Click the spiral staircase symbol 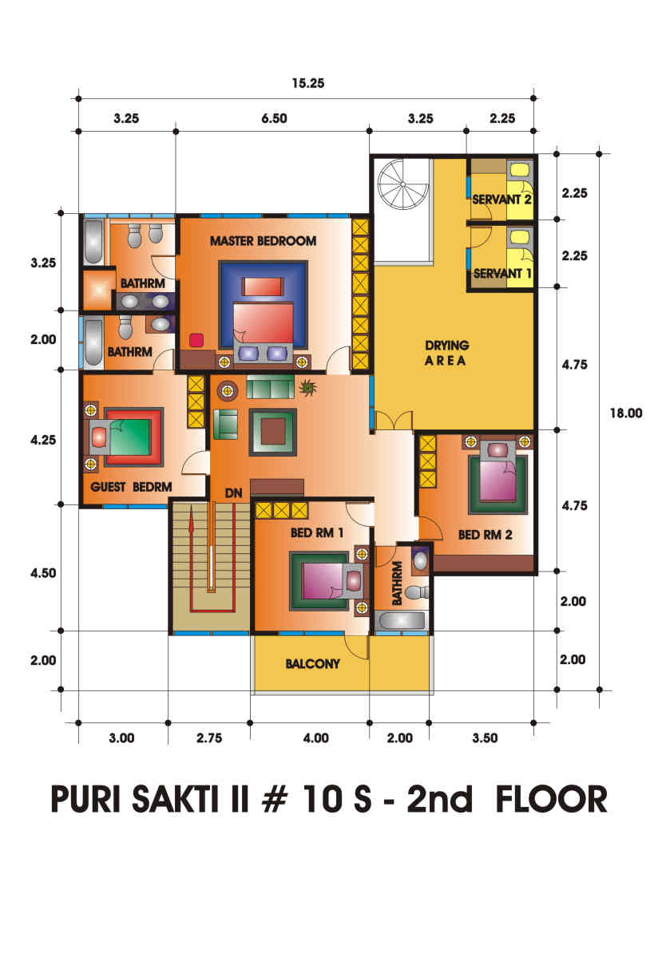coord(402,184)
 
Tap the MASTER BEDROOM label coord(263,241)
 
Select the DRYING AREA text coord(446,353)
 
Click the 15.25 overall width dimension coord(308,83)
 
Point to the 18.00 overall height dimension coord(626,413)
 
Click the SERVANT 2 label coord(502,200)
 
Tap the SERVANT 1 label coord(502,274)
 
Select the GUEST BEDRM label coord(131,487)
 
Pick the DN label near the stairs coord(234,493)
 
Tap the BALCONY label coord(312,664)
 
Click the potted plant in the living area coord(307,387)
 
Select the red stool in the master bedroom coord(196,340)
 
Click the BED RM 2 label coord(485,535)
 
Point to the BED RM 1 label coord(317,532)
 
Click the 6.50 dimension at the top coord(274,119)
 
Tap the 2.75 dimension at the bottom coord(209,738)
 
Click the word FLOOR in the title coord(551,799)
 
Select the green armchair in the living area coord(225,424)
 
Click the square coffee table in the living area coord(273,432)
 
